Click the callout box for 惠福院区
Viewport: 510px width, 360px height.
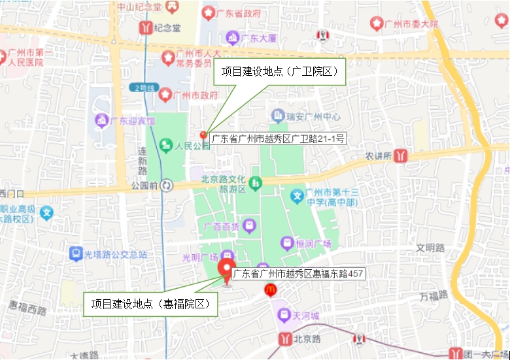pyautogui.click(x=150, y=304)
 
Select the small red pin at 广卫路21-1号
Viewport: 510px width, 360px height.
pyautogui.click(x=203, y=135)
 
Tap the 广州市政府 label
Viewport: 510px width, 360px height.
pyautogui.click(x=196, y=95)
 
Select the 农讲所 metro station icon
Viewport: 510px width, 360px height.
pyautogui.click(x=401, y=156)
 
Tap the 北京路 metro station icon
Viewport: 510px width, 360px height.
pyautogui.click(x=286, y=338)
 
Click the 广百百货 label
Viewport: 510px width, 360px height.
pyautogui.click(x=222, y=227)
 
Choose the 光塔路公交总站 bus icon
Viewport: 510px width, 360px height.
pyautogui.click(x=76, y=254)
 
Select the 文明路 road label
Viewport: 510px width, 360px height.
pyautogui.click(x=430, y=248)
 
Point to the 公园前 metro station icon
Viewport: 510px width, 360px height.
pyautogui.click(x=167, y=186)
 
